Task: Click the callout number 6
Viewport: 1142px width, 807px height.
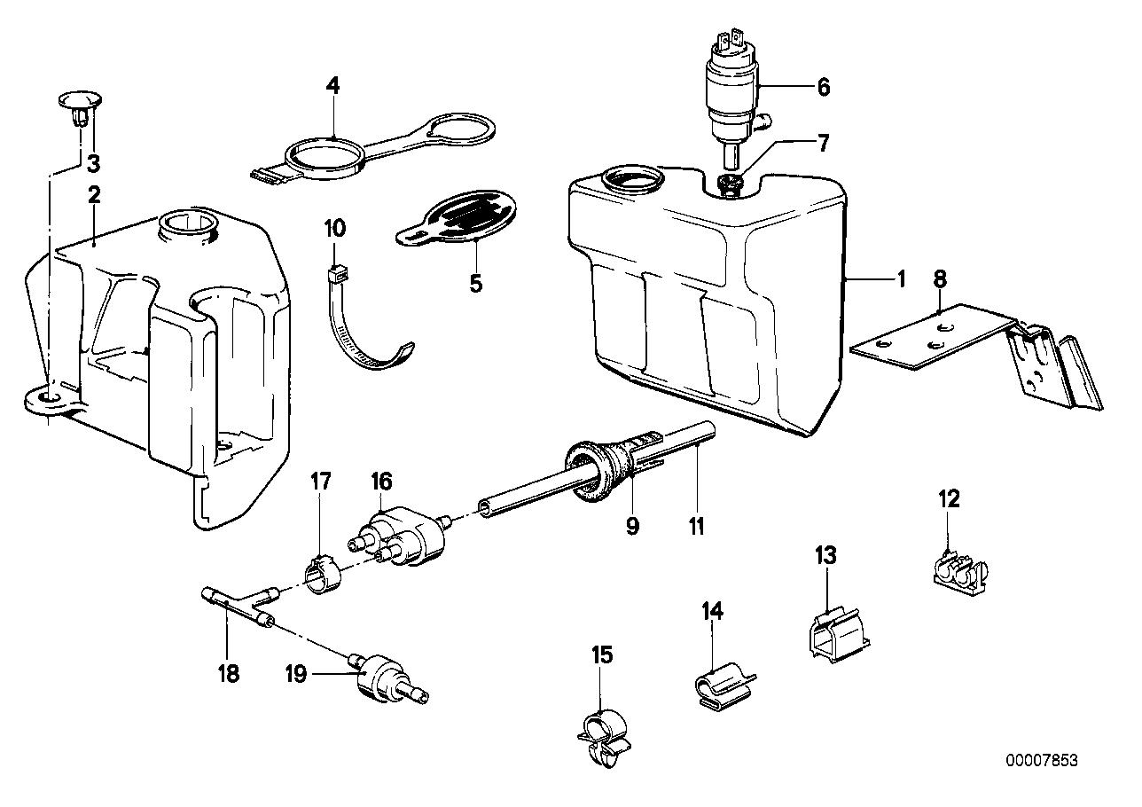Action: pyautogui.click(x=823, y=87)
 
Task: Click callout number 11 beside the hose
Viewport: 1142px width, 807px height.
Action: pyautogui.click(x=696, y=527)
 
